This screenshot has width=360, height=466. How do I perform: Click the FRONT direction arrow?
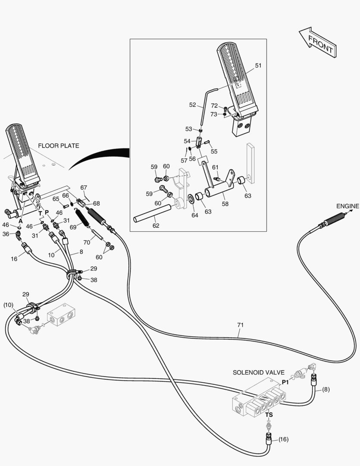(x=317, y=43)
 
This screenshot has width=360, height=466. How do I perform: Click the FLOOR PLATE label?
(x=58, y=146)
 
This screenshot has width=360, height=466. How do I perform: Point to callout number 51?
(x=258, y=66)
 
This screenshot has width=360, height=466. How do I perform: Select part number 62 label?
(x=156, y=225)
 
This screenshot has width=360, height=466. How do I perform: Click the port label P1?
(x=285, y=382)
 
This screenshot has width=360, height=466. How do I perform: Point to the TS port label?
(x=269, y=415)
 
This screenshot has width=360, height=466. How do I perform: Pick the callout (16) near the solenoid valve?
(x=283, y=440)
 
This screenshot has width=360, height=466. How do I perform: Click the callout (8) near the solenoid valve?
(x=326, y=390)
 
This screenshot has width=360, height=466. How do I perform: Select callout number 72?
(x=214, y=106)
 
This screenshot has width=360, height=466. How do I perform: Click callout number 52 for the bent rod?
(x=193, y=104)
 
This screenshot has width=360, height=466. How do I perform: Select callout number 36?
(x=6, y=234)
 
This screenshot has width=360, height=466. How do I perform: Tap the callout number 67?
(x=84, y=187)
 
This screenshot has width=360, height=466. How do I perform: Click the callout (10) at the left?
(x=8, y=305)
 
